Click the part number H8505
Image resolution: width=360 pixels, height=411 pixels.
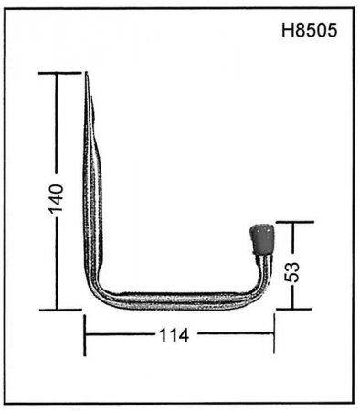(309, 30)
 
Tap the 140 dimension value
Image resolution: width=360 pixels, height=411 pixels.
(57, 198)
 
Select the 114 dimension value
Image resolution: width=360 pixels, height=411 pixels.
(175, 335)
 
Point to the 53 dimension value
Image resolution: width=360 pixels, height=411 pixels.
(291, 272)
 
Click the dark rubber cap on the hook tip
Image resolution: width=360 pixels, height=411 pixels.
(261, 239)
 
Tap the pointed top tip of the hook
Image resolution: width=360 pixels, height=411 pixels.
(87, 73)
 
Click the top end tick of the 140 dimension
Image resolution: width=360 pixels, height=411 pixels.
(60, 73)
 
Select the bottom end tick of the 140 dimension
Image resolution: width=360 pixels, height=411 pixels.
(60, 310)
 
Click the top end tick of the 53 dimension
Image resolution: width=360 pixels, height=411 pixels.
(294, 222)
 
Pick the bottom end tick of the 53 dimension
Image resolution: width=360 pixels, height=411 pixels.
(293, 309)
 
